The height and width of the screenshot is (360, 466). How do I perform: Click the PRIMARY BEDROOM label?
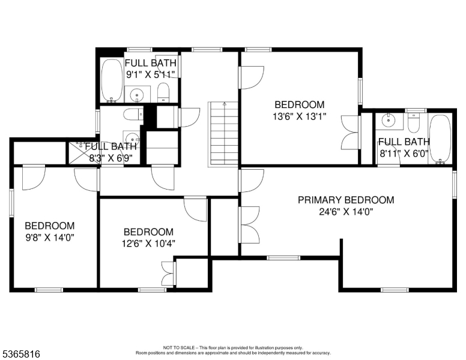coord(346,200)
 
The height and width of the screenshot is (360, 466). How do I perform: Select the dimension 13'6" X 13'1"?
coord(300,116)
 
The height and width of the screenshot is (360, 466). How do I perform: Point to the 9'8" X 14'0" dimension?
coord(50,238)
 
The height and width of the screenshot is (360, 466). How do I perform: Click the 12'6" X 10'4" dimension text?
coord(148,243)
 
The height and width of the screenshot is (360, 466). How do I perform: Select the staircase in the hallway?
coord(224,134)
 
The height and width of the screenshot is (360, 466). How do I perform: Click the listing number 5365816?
coord(21,354)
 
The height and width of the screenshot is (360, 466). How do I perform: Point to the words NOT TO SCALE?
coord(178,347)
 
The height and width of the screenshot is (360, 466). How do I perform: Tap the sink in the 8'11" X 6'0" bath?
coord(389,120)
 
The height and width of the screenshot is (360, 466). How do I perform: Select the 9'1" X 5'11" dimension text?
coord(150,74)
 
